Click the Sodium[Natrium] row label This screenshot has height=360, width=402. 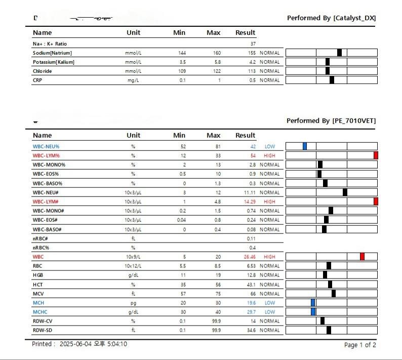click(52, 53)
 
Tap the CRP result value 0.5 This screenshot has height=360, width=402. click(252, 81)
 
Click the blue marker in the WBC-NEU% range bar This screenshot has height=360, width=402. click(305, 146)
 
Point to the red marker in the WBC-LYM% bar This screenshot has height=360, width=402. click(376, 155)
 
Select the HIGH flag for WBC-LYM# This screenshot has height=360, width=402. click(269, 202)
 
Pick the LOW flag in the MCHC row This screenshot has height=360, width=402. click(269, 312)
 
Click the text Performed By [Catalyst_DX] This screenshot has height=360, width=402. click(331, 18)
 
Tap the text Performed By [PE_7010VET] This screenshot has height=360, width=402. click(331, 121)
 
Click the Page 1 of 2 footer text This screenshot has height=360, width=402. click(360, 345)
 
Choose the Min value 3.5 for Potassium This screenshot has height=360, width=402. click(182, 62)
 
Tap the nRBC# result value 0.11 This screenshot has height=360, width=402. click(251, 238)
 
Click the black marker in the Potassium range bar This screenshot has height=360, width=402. click(328, 62)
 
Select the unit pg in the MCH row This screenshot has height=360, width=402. click(134, 303)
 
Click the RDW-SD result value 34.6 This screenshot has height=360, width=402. click(250, 331)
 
